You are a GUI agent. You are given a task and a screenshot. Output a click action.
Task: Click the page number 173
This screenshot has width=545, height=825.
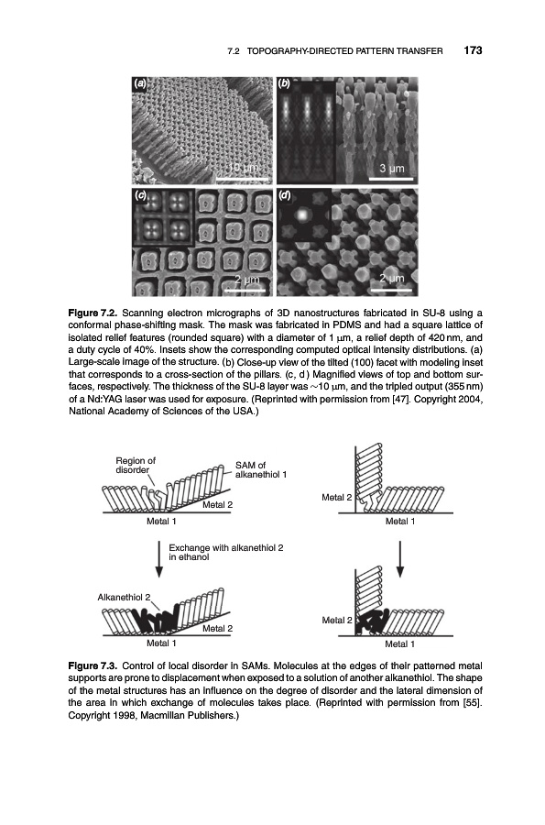(x=473, y=50)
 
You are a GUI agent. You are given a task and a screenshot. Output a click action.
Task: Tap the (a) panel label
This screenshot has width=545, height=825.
(x=140, y=83)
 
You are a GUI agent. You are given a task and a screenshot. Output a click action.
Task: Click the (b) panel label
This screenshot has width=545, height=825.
(x=284, y=83)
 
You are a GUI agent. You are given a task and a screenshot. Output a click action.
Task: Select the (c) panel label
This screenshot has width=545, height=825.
(x=140, y=195)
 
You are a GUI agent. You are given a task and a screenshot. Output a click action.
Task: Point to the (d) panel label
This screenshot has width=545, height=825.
(x=285, y=195)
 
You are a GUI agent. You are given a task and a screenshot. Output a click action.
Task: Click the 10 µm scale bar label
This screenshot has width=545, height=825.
(x=243, y=168)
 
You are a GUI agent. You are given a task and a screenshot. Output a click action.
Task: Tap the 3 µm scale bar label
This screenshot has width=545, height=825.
(x=392, y=169)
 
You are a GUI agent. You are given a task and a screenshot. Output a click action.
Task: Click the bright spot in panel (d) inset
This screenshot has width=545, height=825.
(x=302, y=214)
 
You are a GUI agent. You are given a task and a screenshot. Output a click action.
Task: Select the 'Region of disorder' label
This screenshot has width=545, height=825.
(x=135, y=465)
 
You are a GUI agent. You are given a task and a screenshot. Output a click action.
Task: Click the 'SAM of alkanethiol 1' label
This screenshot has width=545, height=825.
(x=261, y=469)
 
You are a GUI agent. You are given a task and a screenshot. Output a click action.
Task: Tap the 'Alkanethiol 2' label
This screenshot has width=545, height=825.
(x=124, y=597)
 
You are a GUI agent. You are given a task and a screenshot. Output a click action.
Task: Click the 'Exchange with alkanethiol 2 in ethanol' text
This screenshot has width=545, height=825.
(x=226, y=552)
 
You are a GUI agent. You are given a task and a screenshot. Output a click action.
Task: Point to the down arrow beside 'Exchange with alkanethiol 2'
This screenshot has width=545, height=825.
(x=158, y=558)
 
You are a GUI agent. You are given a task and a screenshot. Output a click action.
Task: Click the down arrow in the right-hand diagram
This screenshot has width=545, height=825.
(x=400, y=558)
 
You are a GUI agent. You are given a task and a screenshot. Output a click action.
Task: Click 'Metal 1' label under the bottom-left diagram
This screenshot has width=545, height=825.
(x=161, y=643)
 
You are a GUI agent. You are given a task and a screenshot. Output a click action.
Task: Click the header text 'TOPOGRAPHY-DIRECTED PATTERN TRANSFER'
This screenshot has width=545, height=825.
(x=344, y=51)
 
